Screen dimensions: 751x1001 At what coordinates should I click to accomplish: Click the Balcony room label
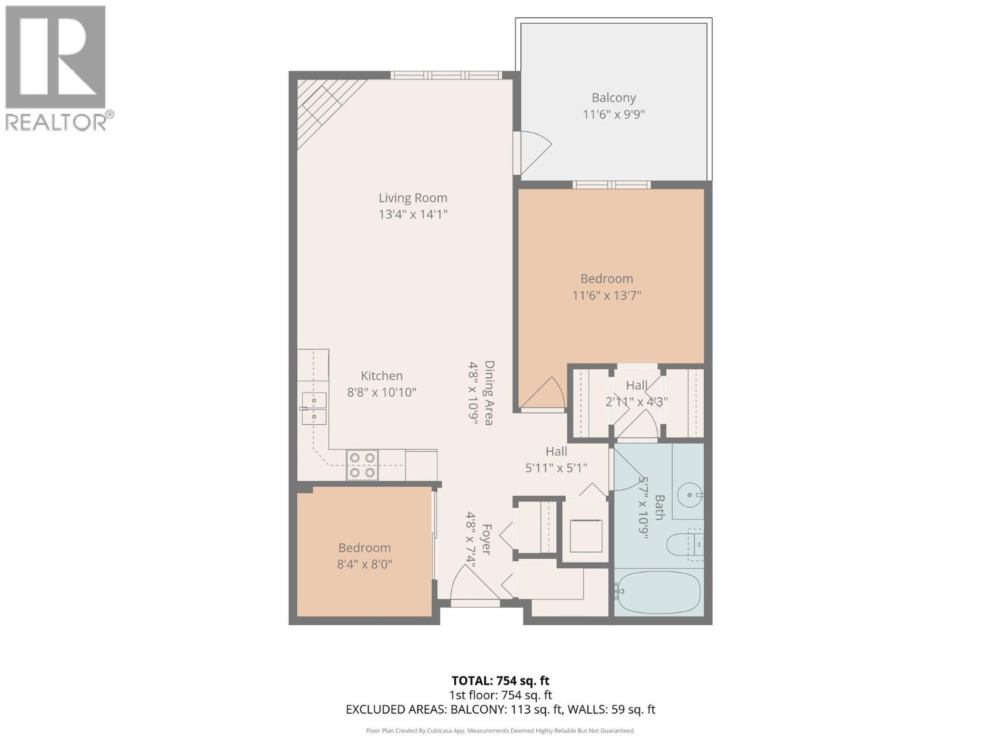(x=614, y=98)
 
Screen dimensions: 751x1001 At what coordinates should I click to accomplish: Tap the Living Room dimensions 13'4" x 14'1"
(x=413, y=215)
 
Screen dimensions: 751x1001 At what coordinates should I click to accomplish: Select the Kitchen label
(x=382, y=375)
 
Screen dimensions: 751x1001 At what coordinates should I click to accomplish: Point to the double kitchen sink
(x=314, y=408)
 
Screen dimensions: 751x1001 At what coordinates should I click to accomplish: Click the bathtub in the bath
(x=658, y=592)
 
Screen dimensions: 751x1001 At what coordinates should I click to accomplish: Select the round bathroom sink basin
(x=691, y=495)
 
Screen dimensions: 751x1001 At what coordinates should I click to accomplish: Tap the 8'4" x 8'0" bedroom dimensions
(x=364, y=565)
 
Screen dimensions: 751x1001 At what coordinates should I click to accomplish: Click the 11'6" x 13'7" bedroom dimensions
(x=606, y=295)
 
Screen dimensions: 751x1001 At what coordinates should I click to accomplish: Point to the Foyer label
(x=486, y=539)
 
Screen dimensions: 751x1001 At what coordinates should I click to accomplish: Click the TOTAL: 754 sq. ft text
(x=500, y=680)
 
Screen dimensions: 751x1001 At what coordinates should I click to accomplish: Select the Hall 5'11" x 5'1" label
(x=556, y=459)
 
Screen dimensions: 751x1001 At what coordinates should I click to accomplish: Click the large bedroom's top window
(x=611, y=185)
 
